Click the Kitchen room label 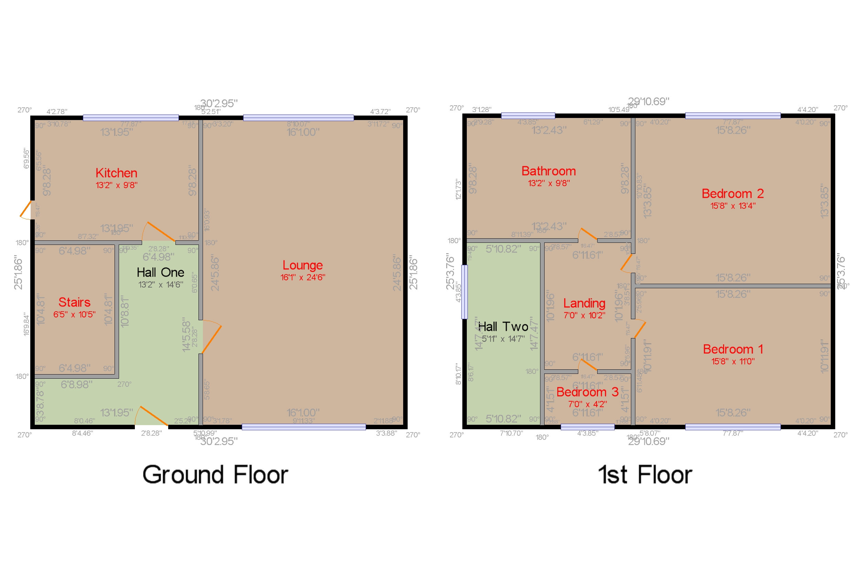(x=116, y=173)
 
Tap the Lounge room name (x=302, y=265)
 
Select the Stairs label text (x=74, y=302)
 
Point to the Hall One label (x=160, y=272)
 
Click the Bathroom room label (x=548, y=171)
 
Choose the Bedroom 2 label (x=732, y=194)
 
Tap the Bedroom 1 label (x=732, y=349)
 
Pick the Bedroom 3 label (x=587, y=392)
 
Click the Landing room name (x=584, y=303)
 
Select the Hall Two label (x=503, y=327)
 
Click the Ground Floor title (x=215, y=475)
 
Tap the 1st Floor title (x=645, y=475)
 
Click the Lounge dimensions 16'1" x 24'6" (x=302, y=277)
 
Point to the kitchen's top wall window (x=130, y=118)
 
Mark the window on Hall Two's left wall (x=464, y=292)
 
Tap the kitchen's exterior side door (x=25, y=209)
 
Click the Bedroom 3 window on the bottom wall (x=587, y=427)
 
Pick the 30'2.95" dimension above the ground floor (x=218, y=104)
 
